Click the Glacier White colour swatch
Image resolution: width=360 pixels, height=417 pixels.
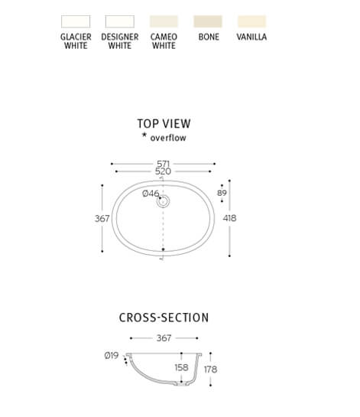pos(76,21)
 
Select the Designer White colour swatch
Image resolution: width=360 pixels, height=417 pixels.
pos(120,21)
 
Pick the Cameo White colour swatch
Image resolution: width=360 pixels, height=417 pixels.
pos(164,21)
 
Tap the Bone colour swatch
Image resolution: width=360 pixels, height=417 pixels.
pos(208,21)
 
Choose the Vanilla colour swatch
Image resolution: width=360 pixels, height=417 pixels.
pos(252,21)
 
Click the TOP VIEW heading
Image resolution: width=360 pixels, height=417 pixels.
pos(164,124)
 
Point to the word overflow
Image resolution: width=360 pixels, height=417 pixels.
pos(168,138)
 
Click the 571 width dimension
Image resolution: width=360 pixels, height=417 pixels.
pos(163,164)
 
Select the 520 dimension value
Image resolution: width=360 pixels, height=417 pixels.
pos(163,171)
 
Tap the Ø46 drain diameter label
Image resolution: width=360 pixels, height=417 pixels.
pos(151,194)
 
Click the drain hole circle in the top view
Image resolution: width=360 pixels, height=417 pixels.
pos(163,201)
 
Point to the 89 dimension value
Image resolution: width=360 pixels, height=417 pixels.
pos(222,193)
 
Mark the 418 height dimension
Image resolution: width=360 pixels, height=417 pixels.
pos(229,218)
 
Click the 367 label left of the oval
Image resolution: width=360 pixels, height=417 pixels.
pos(102,219)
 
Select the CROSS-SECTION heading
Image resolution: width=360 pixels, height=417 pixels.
pos(164,318)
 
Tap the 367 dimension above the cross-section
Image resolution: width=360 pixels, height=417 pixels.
pos(164,338)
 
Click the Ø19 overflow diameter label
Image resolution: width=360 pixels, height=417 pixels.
pos(112,355)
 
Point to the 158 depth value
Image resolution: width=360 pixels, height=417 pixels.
pos(181,367)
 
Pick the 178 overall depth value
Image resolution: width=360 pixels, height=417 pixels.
pos(211,369)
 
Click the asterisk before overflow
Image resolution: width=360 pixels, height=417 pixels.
pos(144,135)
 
